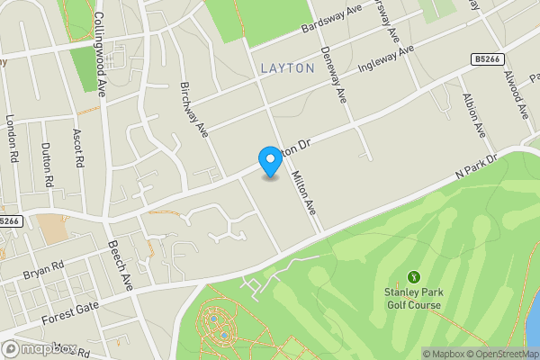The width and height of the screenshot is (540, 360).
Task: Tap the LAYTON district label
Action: (287, 67)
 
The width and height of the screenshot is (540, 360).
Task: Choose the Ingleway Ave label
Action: (384, 59)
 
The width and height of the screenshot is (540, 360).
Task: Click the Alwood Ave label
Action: (515, 94)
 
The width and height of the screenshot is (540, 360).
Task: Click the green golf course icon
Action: (414, 276)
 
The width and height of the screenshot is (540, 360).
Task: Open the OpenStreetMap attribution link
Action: (500, 354)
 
